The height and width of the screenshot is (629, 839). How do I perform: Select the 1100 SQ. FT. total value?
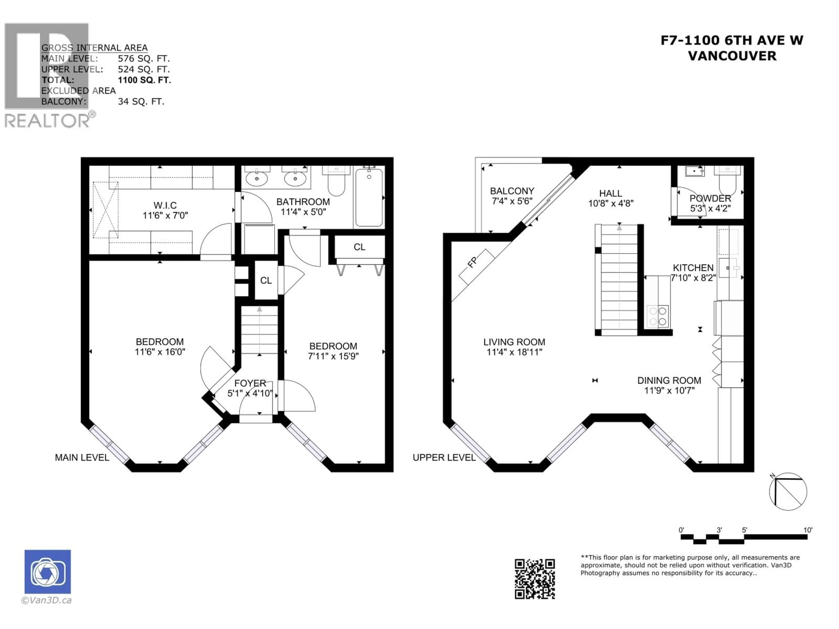tap(144, 80)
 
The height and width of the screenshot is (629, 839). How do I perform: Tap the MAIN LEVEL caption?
tap(82, 458)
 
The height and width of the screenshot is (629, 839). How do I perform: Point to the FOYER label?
tap(250, 383)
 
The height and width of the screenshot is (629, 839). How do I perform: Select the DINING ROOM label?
tap(669, 380)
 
